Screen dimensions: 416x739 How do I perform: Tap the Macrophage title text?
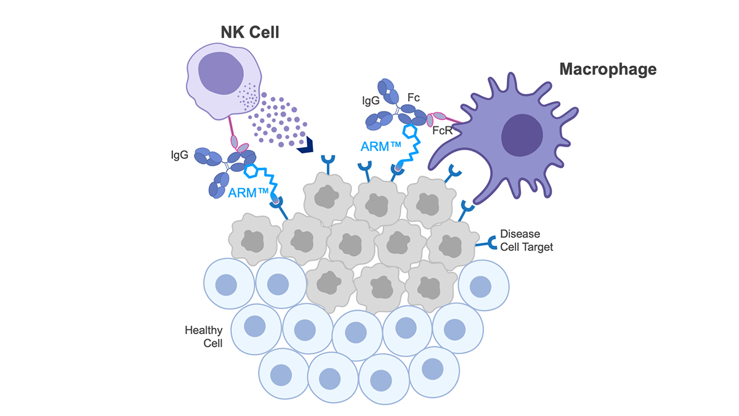(x=607, y=69)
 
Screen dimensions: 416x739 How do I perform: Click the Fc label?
(x=413, y=97)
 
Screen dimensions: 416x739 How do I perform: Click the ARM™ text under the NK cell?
(x=249, y=192)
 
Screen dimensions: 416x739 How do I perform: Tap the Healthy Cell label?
(x=204, y=336)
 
